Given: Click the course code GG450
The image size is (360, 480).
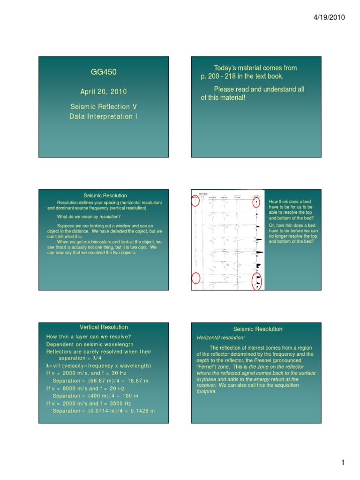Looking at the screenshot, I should click(x=103, y=72).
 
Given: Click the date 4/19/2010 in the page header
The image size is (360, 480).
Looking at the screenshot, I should click(x=329, y=17).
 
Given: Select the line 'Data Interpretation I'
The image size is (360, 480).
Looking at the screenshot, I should click(x=103, y=116).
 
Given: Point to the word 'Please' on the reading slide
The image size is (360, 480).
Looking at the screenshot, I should click(x=225, y=89).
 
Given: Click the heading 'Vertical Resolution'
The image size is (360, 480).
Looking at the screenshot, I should click(x=104, y=327).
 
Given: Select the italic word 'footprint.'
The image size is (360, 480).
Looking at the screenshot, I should click(x=207, y=391).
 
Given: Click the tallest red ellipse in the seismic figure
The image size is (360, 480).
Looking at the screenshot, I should click(x=257, y=281).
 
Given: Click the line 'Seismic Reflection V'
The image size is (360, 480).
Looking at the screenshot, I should click(x=103, y=107).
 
